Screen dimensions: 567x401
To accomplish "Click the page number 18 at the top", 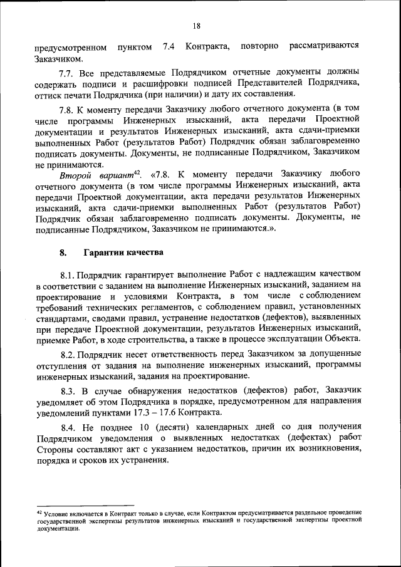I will click(197, 26).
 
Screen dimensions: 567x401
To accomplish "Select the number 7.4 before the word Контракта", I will click(169, 46).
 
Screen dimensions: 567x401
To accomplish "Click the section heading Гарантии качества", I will click(124, 253).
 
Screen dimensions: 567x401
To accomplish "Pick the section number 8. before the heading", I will click(63, 253).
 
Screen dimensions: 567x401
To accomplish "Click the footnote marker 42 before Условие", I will click(39, 512).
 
